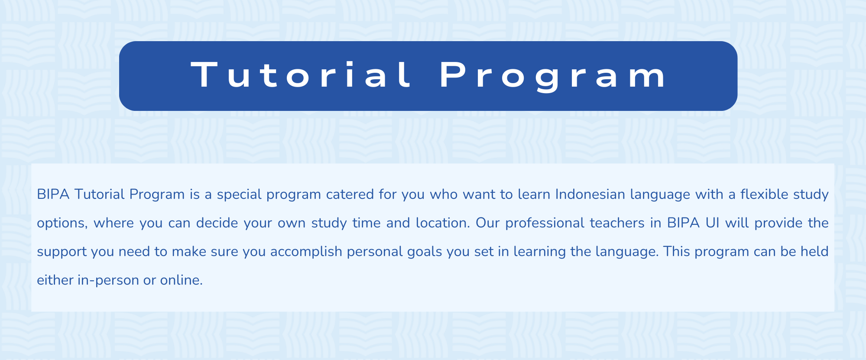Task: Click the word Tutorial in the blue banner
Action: pos(302,75)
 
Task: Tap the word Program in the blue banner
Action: pos(554,76)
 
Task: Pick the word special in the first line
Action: pos(239,195)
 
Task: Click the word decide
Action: pos(217,223)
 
